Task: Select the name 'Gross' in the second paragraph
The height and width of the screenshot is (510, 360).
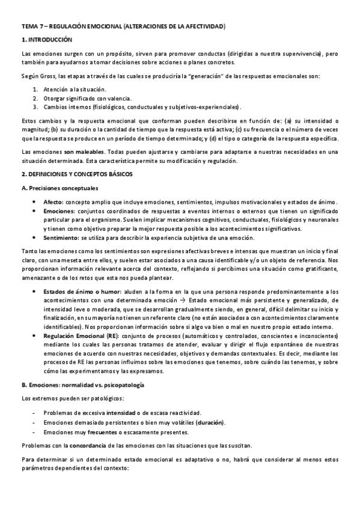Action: (x=46, y=75)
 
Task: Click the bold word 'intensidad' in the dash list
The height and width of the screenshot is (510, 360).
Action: (x=120, y=413)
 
